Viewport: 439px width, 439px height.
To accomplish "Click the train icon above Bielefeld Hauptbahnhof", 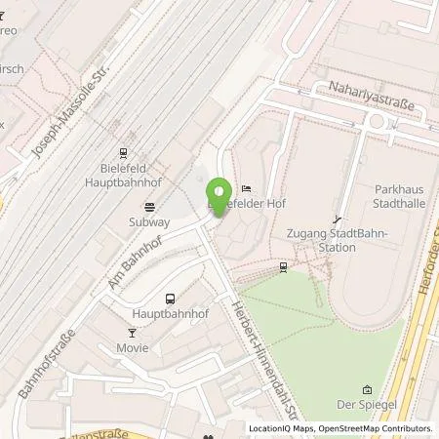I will point(123,152).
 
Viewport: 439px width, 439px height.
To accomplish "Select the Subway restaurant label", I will point(149,221).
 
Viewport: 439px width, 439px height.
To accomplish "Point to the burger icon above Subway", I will point(149,206).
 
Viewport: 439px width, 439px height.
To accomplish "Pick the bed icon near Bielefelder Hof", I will point(246,188).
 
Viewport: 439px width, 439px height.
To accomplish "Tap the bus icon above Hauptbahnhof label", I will point(170,299).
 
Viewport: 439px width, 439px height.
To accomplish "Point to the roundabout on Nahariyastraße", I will point(376,121).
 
